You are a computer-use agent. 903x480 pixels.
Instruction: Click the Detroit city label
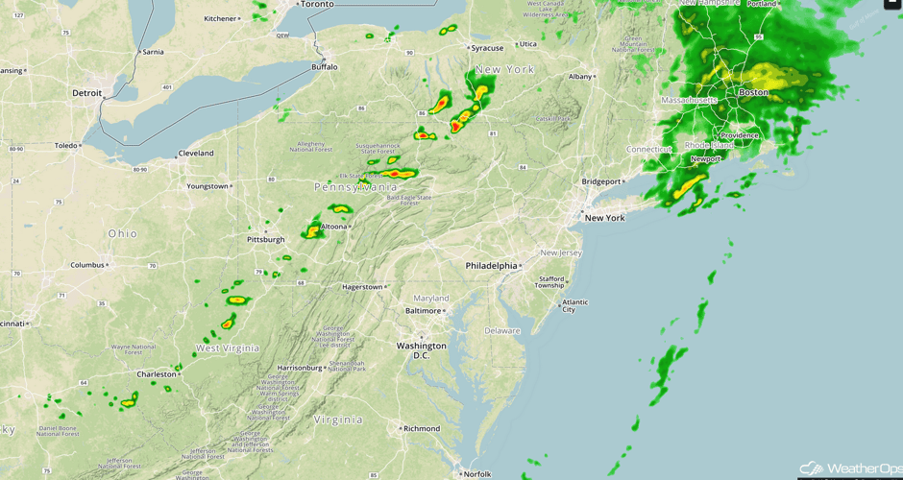click(86, 93)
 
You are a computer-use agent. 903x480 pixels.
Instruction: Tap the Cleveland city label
click(196, 154)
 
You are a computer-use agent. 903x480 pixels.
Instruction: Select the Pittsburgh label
click(265, 239)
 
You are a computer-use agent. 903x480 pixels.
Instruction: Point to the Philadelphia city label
click(490, 265)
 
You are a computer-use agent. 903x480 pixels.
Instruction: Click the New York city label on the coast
click(604, 218)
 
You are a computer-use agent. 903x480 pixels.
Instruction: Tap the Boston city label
click(753, 92)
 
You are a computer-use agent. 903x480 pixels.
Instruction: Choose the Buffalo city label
click(325, 67)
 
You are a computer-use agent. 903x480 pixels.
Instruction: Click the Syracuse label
click(487, 48)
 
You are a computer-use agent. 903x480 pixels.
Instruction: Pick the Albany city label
click(580, 77)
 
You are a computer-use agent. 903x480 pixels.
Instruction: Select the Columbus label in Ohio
click(86, 265)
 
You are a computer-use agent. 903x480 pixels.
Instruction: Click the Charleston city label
click(157, 374)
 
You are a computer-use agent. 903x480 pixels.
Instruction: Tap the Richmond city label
click(421, 428)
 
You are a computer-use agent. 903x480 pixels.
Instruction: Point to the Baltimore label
click(423, 311)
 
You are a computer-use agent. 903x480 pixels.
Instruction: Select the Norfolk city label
click(476, 473)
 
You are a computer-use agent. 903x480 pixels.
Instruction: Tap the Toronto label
click(317, 5)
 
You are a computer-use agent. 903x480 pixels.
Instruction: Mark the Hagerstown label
click(363, 287)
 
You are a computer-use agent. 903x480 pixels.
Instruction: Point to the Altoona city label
click(334, 227)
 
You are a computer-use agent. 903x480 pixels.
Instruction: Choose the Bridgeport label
click(601, 181)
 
